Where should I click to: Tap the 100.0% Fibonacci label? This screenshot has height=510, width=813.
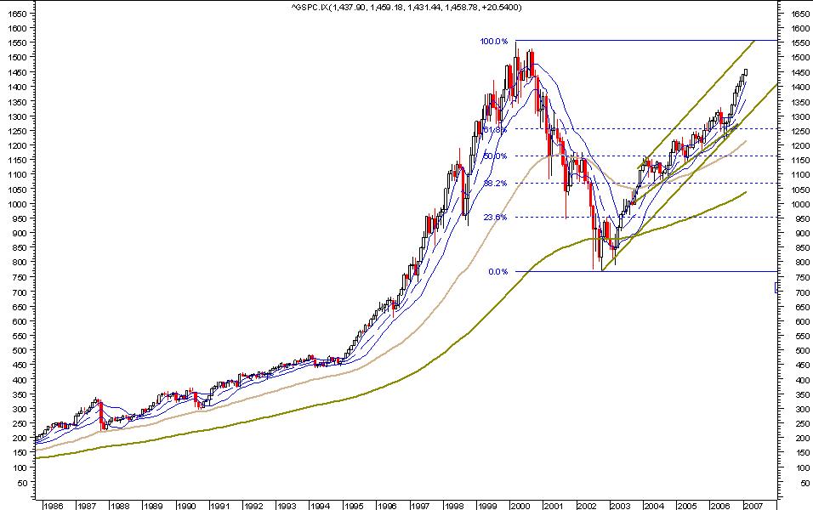[494, 41]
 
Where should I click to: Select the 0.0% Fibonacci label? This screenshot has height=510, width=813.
[498, 272]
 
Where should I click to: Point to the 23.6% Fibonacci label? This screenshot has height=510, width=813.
[495, 217]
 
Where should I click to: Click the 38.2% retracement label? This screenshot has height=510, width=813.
[495, 183]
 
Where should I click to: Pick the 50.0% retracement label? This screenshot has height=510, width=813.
[495, 156]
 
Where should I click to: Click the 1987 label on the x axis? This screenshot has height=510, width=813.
[86, 505]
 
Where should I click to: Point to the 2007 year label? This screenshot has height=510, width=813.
[750, 505]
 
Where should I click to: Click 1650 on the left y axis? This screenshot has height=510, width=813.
[16, 14]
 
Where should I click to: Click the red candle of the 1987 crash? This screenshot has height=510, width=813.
[101, 415]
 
